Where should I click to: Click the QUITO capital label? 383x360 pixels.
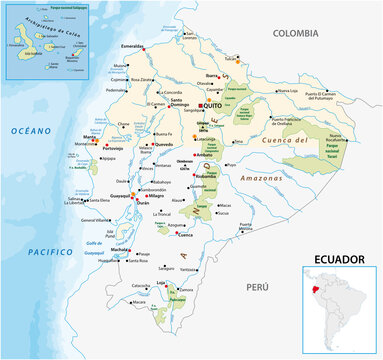coord(215,105)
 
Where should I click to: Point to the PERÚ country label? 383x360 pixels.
coord(258,287)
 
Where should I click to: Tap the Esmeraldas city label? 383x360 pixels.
coord(130,46)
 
